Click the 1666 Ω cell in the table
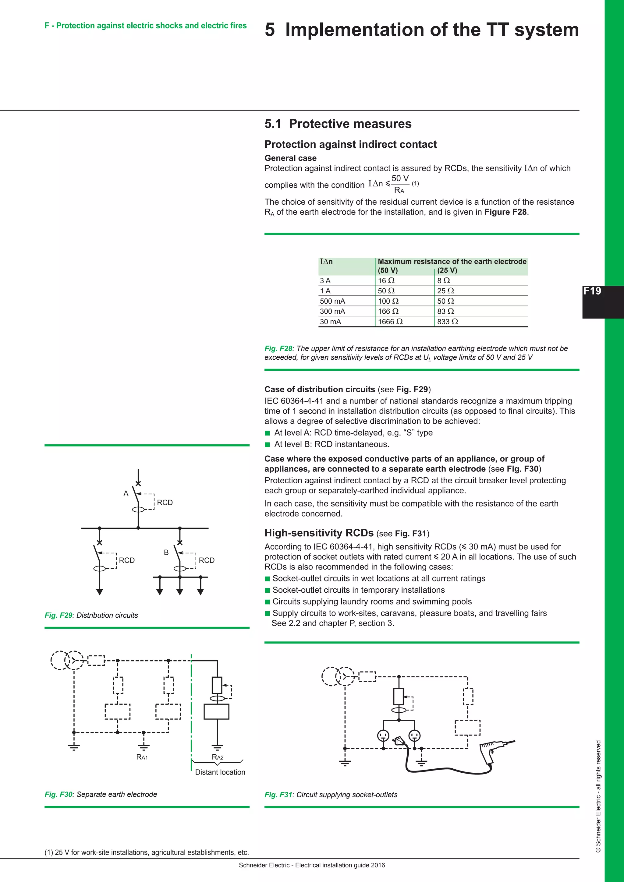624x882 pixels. [390, 322]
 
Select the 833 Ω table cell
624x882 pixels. [447, 322]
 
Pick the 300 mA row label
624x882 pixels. [332, 311]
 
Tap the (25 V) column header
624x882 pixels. [447, 270]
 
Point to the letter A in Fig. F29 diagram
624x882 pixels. [126, 494]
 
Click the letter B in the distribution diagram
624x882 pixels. [166, 552]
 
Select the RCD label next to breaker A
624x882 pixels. [165, 503]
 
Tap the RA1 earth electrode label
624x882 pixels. [142, 757]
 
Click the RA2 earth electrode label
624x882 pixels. [218, 757]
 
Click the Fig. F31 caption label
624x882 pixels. [278, 794]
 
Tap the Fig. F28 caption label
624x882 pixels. [278, 348]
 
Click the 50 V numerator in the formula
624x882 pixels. [400, 178]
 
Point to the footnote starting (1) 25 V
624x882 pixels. [146, 852]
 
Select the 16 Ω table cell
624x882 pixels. [386, 280]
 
